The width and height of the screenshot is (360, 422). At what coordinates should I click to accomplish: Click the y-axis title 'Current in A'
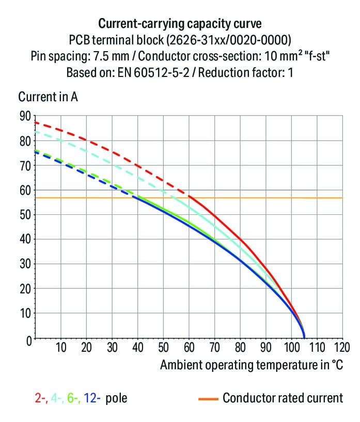click(x=48, y=97)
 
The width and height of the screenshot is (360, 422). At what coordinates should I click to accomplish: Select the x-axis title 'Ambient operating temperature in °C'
click(x=252, y=365)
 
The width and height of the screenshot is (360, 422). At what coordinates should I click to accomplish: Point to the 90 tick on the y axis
click(x=25, y=116)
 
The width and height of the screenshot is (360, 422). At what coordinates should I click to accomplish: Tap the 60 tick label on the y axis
click(x=25, y=191)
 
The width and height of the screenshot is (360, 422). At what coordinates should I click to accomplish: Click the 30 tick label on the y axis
click(x=25, y=264)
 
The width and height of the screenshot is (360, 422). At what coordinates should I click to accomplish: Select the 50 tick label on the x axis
click(x=163, y=347)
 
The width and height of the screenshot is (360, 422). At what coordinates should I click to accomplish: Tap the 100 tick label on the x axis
click(x=290, y=347)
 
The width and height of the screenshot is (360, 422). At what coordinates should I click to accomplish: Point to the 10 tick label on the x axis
click(x=61, y=347)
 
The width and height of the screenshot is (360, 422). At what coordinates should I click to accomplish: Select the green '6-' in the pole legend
click(x=73, y=398)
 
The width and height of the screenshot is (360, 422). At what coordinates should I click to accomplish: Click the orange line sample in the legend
click(x=208, y=399)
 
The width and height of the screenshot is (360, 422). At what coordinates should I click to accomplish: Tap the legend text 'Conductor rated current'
click(x=283, y=398)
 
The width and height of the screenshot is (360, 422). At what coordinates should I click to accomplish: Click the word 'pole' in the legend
click(x=116, y=398)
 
